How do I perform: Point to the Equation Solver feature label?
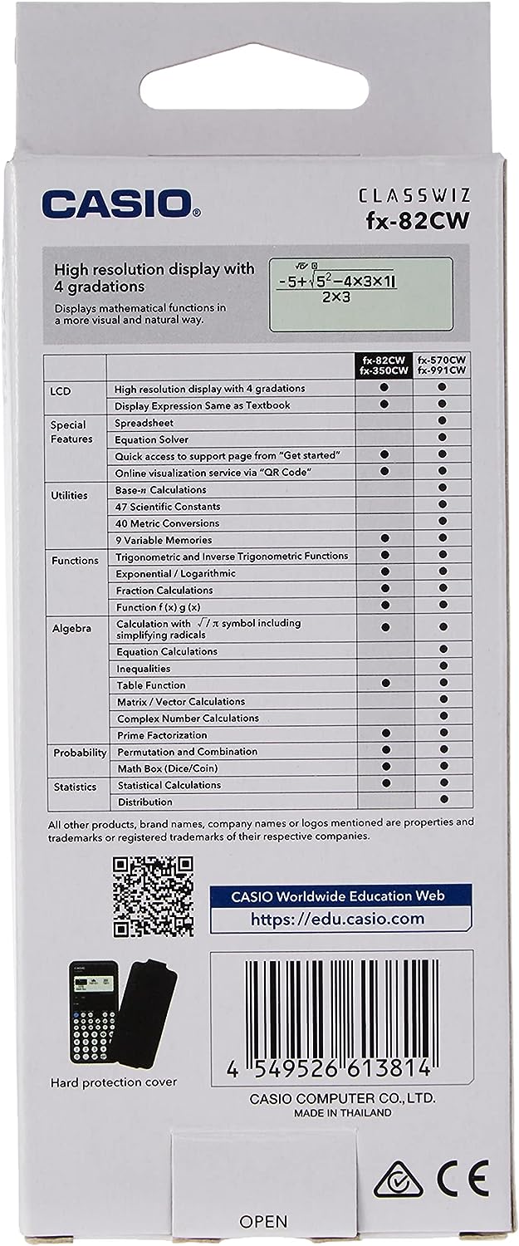pyautogui.click(x=152, y=439)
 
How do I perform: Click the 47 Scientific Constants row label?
pyautogui.click(x=168, y=507)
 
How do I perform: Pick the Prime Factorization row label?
pyautogui.click(x=162, y=735)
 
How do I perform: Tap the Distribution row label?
pyautogui.click(x=144, y=802)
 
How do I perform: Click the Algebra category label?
pyautogui.click(x=70, y=627)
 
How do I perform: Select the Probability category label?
pyautogui.click(x=80, y=753)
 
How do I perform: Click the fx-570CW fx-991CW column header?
pyautogui.click(x=442, y=365)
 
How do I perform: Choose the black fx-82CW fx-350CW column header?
pyautogui.click(x=384, y=365)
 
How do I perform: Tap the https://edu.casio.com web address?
pyautogui.click(x=337, y=918)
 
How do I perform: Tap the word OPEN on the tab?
pyautogui.click(x=262, y=1221)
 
